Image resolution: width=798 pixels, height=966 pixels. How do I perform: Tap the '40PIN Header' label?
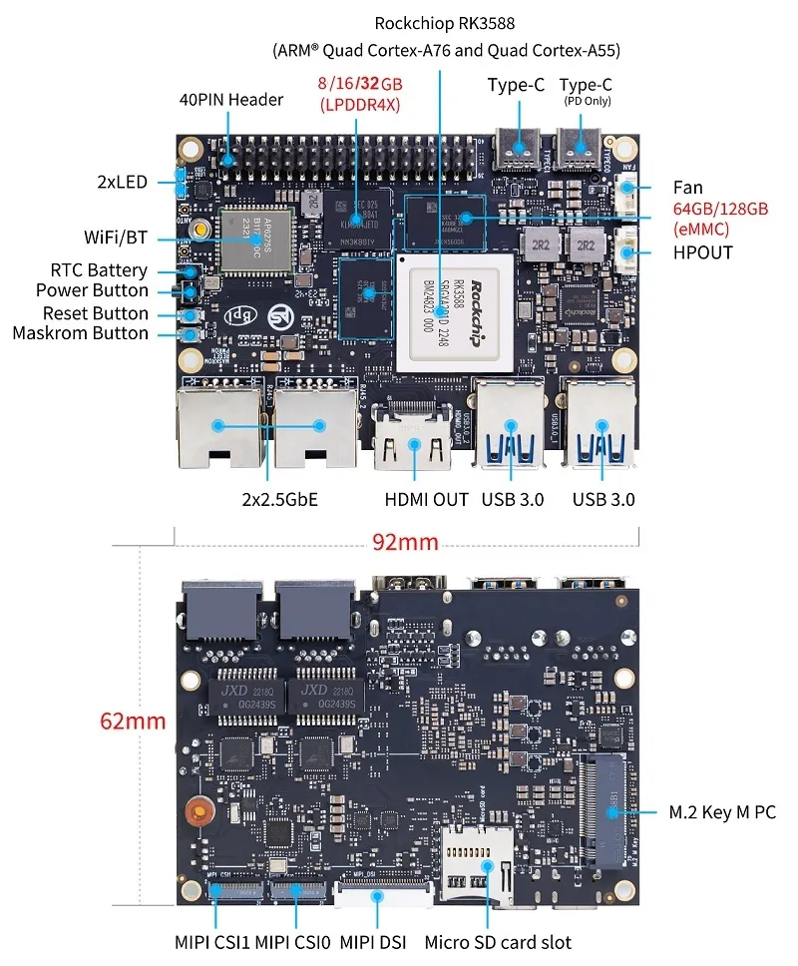[x=230, y=99]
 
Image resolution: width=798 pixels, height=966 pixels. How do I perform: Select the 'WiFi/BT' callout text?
[x=116, y=238]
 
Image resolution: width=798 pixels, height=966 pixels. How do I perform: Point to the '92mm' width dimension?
[x=405, y=542]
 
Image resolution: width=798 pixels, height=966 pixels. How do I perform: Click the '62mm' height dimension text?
[x=133, y=721]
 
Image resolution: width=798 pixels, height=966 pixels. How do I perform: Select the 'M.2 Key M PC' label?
[x=721, y=812]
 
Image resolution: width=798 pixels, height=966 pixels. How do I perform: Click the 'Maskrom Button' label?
[x=80, y=333]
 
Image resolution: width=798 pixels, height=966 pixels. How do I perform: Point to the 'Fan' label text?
[x=687, y=188]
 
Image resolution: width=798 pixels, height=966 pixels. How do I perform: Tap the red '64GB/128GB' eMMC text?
[x=720, y=209]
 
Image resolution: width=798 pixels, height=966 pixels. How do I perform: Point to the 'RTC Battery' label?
[x=99, y=270]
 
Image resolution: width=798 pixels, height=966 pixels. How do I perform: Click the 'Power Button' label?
[x=92, y=290]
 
